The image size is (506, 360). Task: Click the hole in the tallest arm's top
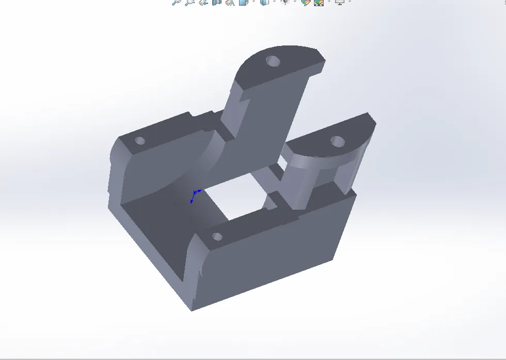pyautogui.click(x=273, y=61)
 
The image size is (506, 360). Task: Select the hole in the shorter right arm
pyautogui.click(x=337, y=140)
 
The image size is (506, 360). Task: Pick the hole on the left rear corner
pyautogui.click(x=139, y=140)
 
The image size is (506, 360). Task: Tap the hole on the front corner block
pyautogui.click(x=217, y=237)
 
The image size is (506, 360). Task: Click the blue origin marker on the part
pyautogui.click(x=194, y=195)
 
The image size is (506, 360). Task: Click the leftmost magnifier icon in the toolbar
pyautogui.click(x=176, y=2)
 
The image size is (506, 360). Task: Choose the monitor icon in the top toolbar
pyautogui.click(x=340, y=2)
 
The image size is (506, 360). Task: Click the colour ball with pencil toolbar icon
pyautogui.click(x=305, y=2)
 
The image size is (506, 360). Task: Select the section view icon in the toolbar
pyautogui.click(x=217, y=2)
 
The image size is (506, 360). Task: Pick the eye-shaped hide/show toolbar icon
pyautogui.click(x=284, y=2)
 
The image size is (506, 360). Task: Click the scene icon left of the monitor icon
pyautogui.click(x=319, y=2)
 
